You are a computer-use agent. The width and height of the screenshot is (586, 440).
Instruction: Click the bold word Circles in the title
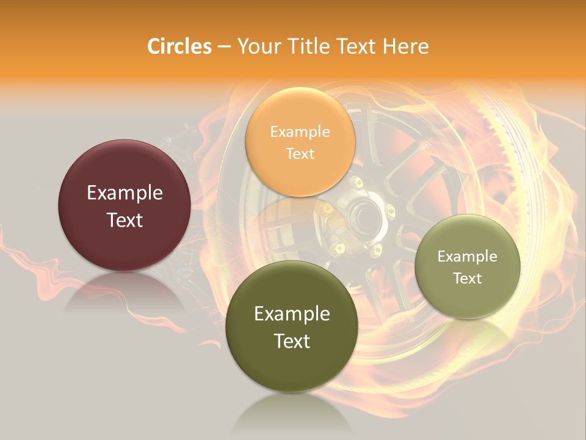point(179,46)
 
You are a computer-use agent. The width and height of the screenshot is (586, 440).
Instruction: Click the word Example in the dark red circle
point(125,193)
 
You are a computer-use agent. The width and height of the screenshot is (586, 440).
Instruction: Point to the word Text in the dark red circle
point(125,220)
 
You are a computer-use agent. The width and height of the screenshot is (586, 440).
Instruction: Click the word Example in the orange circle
point(300,132)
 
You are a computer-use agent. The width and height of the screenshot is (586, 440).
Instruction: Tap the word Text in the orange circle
point(300,153)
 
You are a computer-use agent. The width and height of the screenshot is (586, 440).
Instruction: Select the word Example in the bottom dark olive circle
point(292,314)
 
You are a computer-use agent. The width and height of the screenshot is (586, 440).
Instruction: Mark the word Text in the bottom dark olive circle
point(292,341)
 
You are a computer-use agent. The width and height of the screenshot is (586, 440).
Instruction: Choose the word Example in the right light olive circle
point(468,257)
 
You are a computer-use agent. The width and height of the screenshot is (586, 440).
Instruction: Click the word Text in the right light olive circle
point(468,278)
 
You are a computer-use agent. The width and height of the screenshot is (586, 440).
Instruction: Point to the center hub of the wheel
point(365,215)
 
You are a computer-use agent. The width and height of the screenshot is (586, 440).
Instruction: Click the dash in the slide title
point(224,47)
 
